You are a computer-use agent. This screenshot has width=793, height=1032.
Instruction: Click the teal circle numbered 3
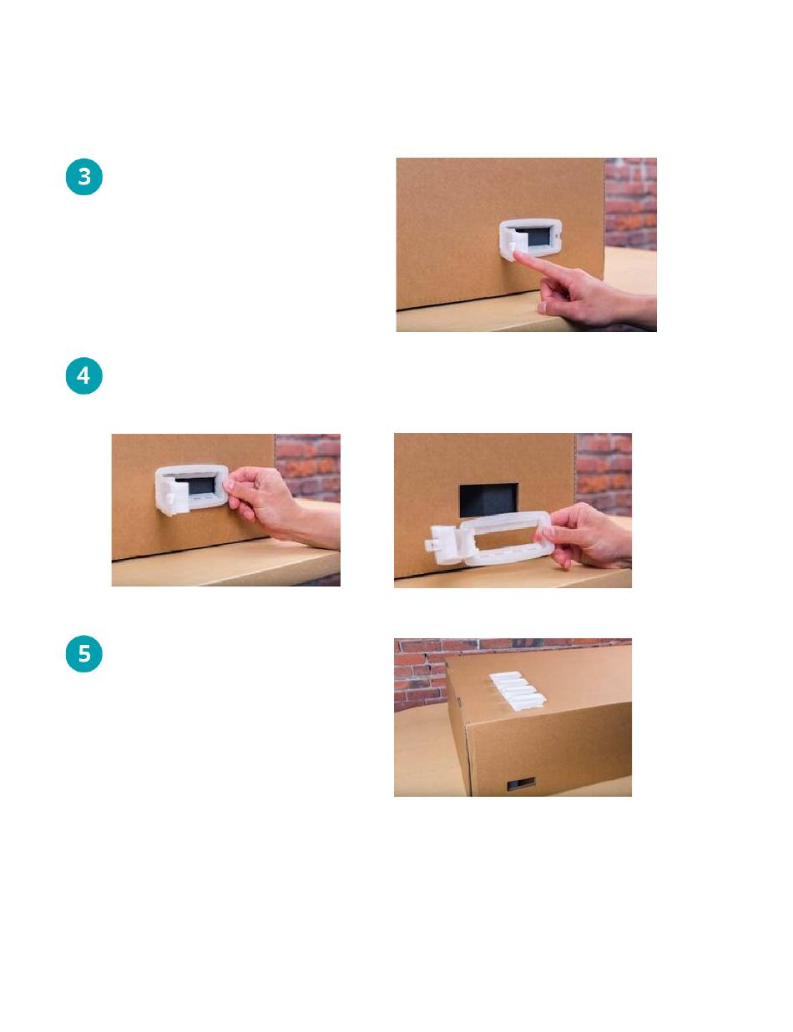pos(83,177)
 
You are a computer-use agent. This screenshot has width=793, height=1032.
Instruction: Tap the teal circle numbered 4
pos(83,375)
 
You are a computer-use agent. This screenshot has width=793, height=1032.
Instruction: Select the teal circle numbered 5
pos(83,653)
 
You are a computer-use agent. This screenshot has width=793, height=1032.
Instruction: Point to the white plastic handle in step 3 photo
pos(530,239)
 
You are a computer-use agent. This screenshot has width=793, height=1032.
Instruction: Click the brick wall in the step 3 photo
pos(630,204)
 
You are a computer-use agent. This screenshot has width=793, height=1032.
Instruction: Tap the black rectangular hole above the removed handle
pos(488,500)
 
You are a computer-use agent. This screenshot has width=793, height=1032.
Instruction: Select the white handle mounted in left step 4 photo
pos(191,490)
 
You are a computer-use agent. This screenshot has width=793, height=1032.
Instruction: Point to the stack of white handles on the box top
pos(517,691)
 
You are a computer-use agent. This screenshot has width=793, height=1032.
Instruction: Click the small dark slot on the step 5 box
pos(521,783)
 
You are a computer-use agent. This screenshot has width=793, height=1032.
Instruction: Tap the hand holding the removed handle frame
pos(583,534)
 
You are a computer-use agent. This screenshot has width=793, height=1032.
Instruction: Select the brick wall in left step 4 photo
pos(308,468)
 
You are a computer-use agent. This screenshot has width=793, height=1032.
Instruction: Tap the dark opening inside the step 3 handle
pos(536,235)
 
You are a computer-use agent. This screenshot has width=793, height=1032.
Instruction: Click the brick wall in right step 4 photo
pos(604,474)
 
